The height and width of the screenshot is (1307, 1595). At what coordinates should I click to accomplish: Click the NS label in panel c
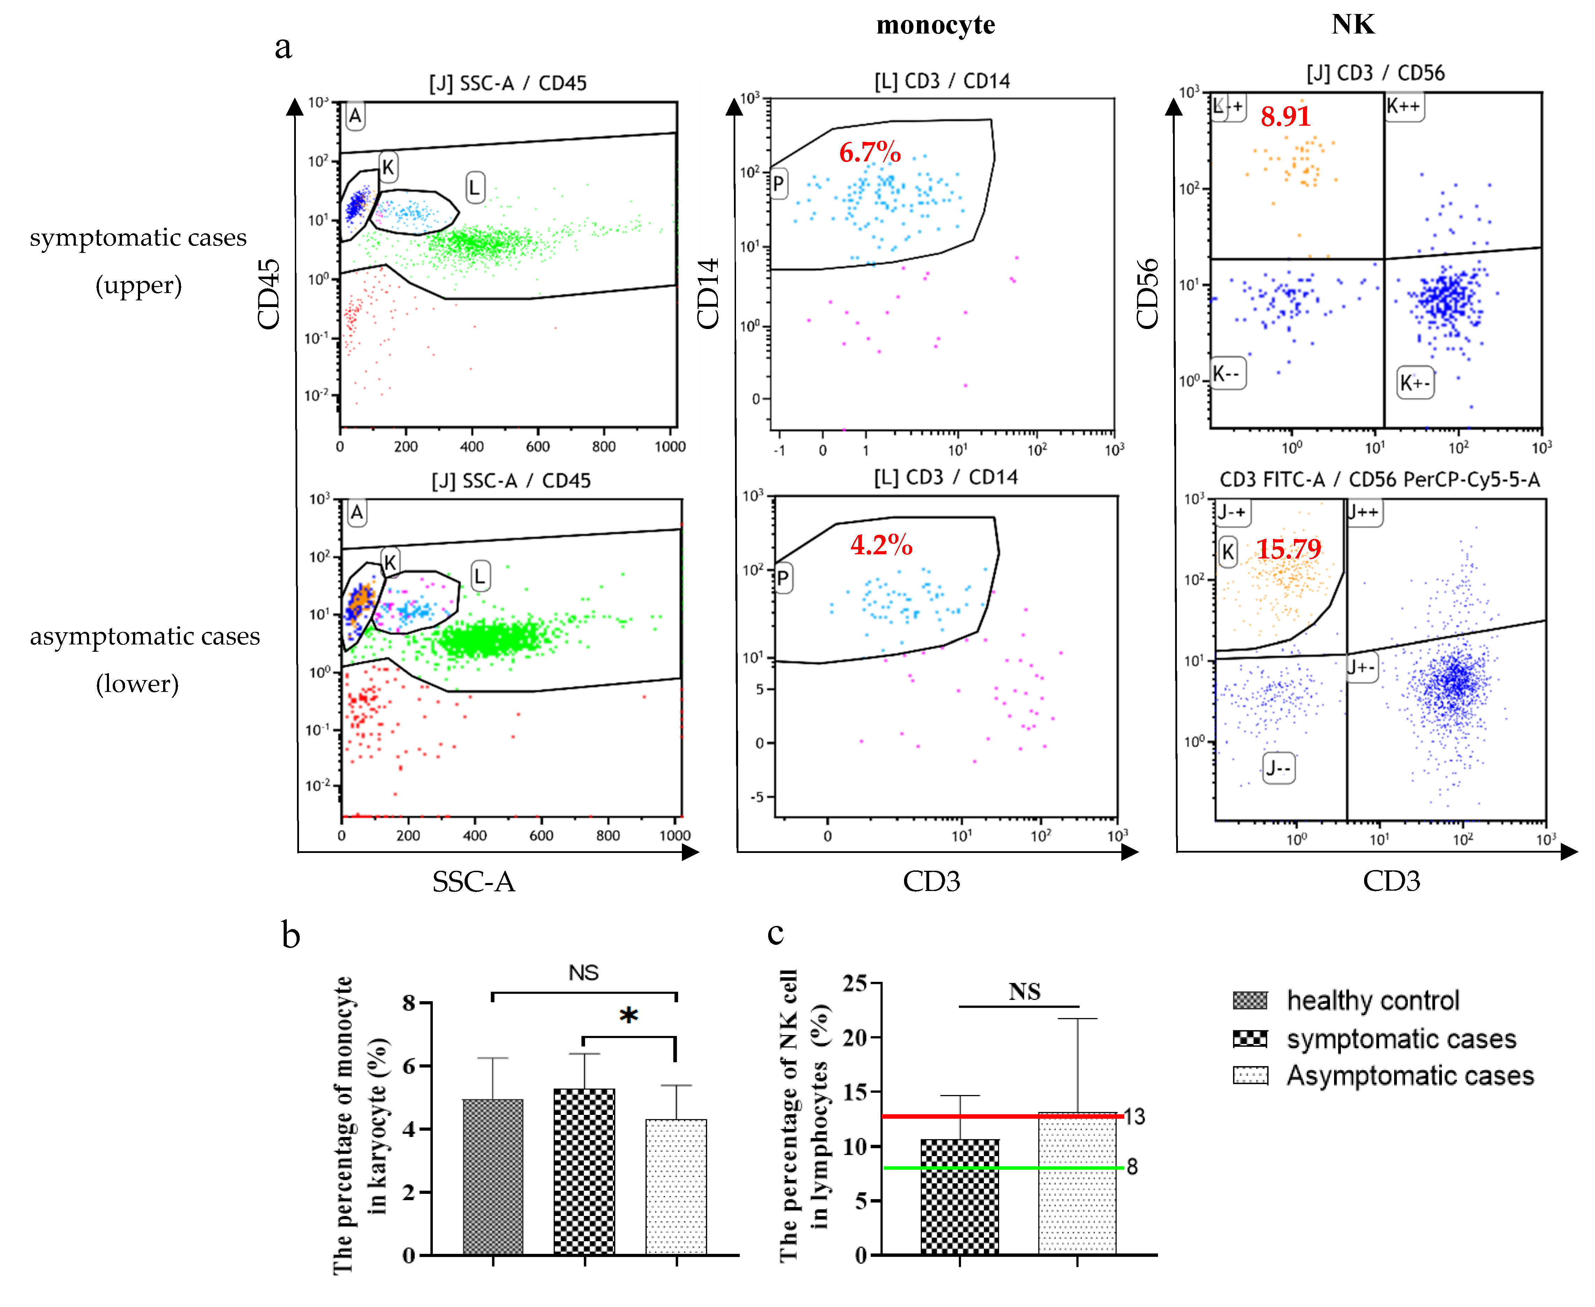(1024, 992)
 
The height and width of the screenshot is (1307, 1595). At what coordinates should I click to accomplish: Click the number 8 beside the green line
(1132, 1167)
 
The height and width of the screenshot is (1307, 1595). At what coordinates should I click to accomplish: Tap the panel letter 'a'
(283, 47)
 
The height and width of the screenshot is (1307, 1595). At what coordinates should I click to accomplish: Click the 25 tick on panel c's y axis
(855, 983)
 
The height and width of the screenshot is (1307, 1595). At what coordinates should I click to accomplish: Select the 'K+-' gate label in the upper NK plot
(1414, 383)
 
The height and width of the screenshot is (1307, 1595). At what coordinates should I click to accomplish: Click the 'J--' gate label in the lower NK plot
(1278, 768)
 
